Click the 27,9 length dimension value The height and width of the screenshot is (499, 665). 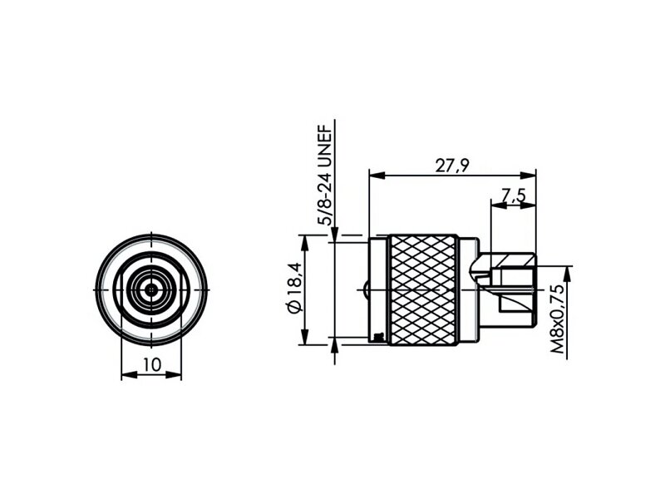coord(452,165)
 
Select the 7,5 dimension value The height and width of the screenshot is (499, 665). coord(513,195)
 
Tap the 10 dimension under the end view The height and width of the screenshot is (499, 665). coord(152,364)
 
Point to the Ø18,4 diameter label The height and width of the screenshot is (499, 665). coord(293,288)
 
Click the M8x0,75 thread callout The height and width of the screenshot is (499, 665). coord(558,319)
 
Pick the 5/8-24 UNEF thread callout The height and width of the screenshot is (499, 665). coord(326,175)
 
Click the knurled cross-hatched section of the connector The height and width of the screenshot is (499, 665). coord(423,289)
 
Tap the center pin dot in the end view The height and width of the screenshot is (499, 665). coord(151,289)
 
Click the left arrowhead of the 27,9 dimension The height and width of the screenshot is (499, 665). coord(377,175)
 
